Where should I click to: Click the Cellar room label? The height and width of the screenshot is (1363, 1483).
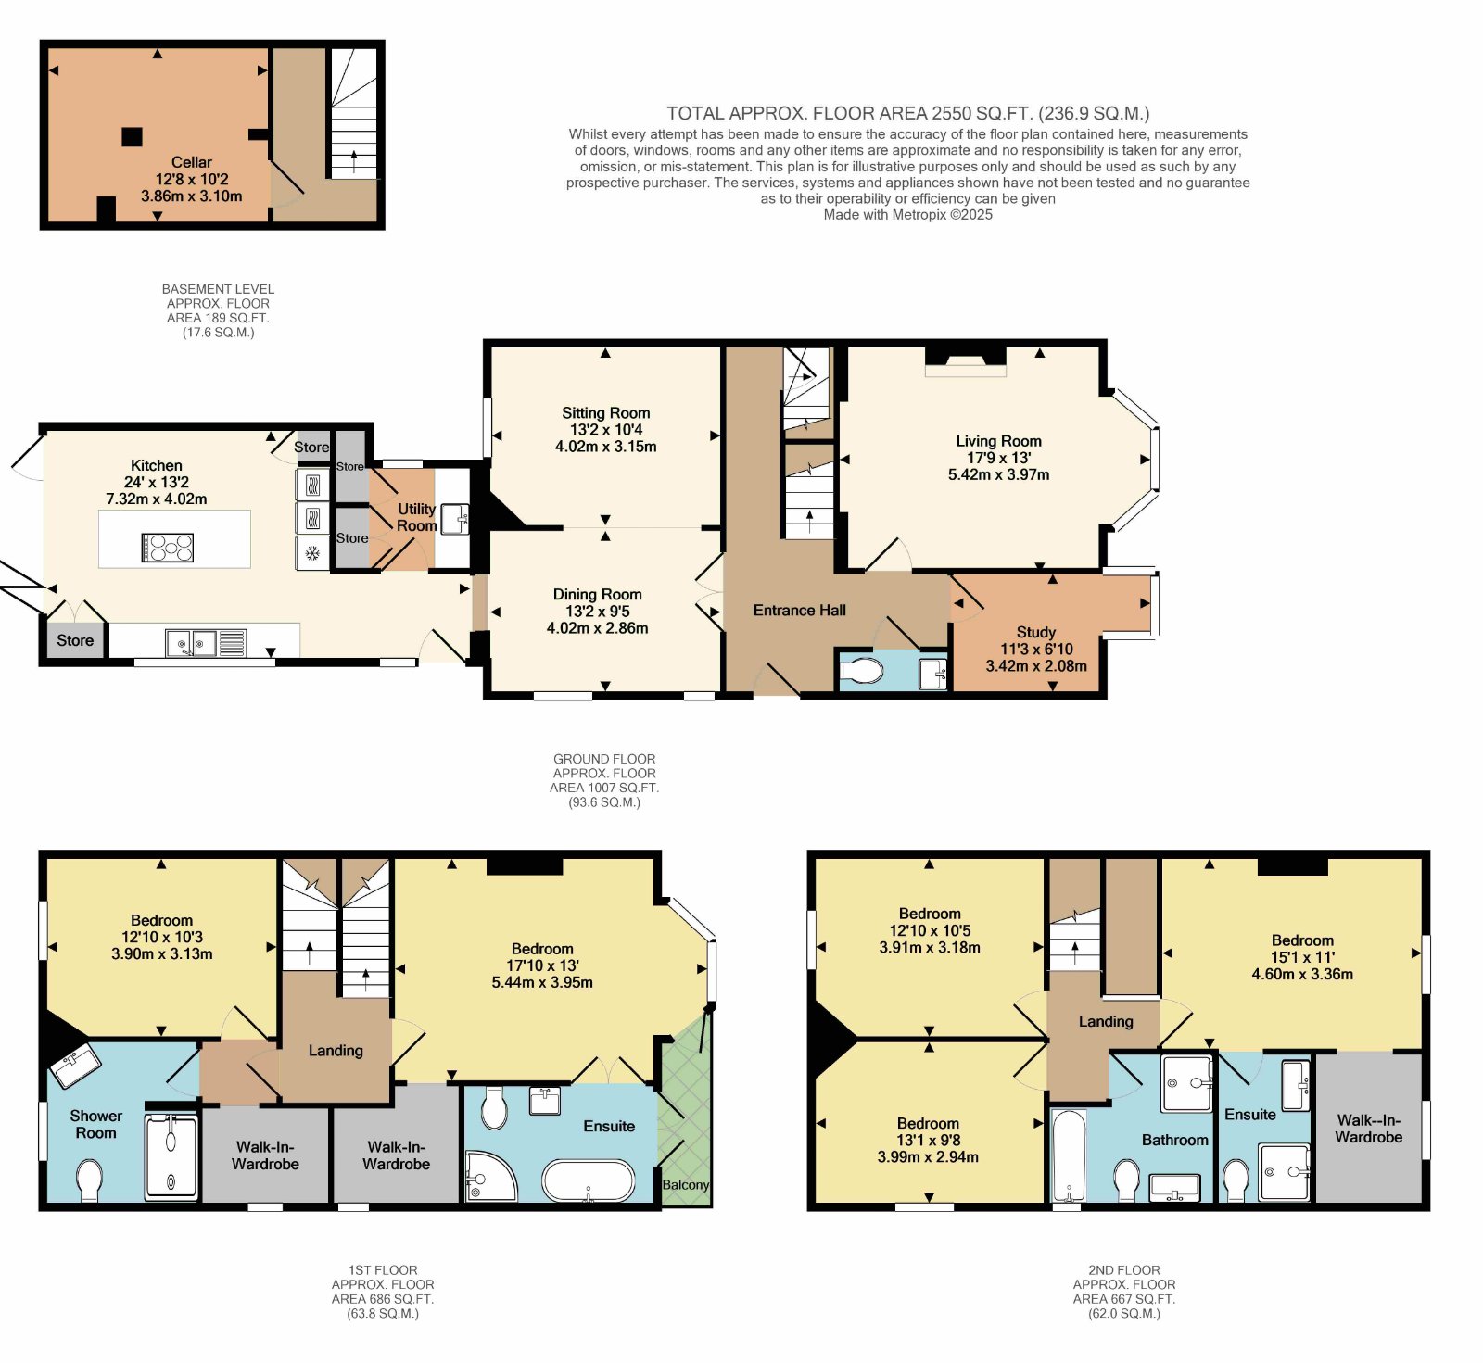point(192,162)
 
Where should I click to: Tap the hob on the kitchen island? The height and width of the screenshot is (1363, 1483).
point(168,548)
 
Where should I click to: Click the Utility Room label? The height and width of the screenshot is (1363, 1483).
point(416,517)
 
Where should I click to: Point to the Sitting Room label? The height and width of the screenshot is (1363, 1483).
point(606,413)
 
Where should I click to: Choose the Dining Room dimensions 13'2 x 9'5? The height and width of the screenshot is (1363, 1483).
point(597,612)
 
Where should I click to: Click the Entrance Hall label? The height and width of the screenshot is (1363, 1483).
point(800,611)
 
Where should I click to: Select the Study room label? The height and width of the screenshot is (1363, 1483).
point(1036,632)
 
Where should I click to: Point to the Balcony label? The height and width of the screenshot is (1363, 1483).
point(686,1185)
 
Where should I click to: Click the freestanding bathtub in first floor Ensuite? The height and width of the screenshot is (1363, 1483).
point(589,1180)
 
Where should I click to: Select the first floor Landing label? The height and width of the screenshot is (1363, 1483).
point(336,1051)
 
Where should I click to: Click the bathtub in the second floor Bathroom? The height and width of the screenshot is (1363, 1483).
point(1069,1156)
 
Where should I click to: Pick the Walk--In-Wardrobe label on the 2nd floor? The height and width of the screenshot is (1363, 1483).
point(1369,1129)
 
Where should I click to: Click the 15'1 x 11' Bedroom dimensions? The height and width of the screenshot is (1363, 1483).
point(1302,957)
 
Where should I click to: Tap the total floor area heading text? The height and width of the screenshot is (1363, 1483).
point(908,114)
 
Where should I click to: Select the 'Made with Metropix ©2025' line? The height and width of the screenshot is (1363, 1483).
point(908,215)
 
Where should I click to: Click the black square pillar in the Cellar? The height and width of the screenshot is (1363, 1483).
point(133,137)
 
